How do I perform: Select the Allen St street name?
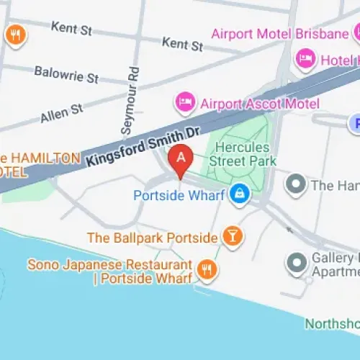coord(62,110)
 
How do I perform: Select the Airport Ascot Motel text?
coord(259,104)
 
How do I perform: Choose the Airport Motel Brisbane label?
coord(279,33)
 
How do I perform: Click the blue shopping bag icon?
coord(240,193)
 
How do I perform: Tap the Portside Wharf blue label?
coord(180,194)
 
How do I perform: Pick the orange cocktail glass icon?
coord(232,235)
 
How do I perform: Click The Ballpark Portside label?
coord(152,237)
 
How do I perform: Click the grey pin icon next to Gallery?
coord(296,264)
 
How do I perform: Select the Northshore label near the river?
coord(332,323)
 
